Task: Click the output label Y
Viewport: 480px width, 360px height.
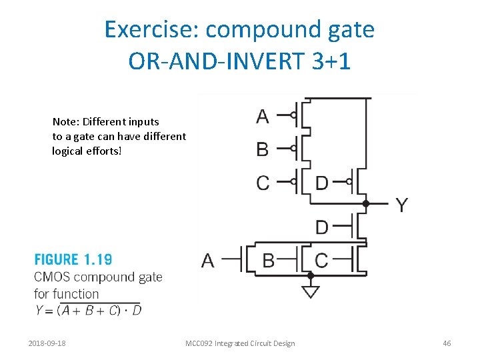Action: pos(402,205)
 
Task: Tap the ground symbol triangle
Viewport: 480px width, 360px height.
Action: pos(310,292)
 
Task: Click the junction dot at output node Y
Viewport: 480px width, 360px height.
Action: pos(366,203)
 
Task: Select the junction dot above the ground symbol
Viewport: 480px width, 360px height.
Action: pos(310,275)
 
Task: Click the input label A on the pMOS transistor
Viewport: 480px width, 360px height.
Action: pos(263,117)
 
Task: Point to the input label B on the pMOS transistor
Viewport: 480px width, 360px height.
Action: pos(263,149)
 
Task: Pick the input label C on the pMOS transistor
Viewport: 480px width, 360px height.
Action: pos(263,183)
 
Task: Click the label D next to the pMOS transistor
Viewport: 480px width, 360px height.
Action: pos(321,183)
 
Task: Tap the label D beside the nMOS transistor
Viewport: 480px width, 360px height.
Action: pos(321,227)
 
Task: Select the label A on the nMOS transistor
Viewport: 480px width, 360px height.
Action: pos(209,260)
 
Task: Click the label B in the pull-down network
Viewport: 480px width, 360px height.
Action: pos(268,260)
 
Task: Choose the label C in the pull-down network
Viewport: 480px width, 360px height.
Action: pos(321,260)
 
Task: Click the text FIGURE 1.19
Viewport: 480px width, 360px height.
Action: pos(73,260)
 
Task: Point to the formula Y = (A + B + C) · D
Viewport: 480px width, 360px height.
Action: pos(88,309)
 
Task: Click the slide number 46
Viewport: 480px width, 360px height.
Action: pos(447,343)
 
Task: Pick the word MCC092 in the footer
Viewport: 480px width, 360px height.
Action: pos(201,343)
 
